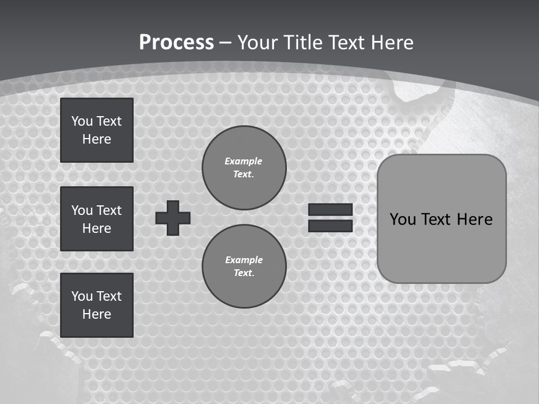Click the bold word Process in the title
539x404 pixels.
[176, 43]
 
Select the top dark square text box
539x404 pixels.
[97, 130]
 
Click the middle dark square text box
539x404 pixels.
[97, 219]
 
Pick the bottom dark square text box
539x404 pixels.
[97, 305]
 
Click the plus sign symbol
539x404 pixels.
[173, 218]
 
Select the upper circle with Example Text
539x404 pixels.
[244, 167]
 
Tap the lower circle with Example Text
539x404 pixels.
[244, 266]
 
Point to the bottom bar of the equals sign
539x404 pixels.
[330, 226]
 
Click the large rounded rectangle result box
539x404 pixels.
[441, 219]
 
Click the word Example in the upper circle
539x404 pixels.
[244, 161]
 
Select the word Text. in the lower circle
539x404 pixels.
[244, 273]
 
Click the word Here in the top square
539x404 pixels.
[97, 139]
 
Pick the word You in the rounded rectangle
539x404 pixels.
[403, 219]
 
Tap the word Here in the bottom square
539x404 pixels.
[97, 314]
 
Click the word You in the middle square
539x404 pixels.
[81, 210]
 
